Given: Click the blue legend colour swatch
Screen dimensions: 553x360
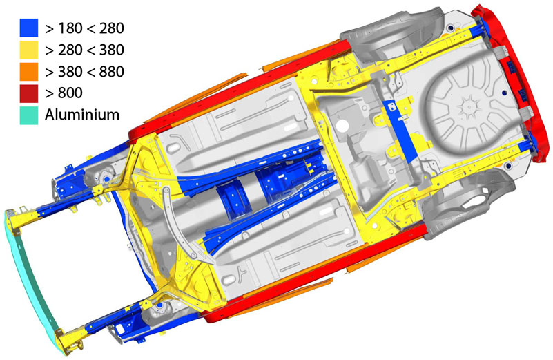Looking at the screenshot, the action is click(x=29, y=28).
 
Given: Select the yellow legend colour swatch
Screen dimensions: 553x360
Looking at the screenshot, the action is click(x=29, y=50).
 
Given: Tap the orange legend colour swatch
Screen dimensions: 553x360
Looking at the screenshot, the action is click(x=29, y=72).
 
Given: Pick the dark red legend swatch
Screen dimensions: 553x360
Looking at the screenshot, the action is click(x=29, y=93).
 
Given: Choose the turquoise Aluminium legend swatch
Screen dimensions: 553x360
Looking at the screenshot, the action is click(x=29, y=115).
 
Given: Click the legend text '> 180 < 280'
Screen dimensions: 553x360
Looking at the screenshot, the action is click(x=85, y=28).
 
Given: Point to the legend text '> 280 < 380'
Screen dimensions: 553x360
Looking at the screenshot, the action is click(x=85, y=50).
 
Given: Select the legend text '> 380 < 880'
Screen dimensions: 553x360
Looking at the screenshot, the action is click(x=85, y=72).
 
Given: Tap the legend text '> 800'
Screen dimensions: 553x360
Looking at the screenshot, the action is click(x=64, y=93).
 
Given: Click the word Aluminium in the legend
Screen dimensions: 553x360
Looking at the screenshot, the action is click(x=82, y=115).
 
